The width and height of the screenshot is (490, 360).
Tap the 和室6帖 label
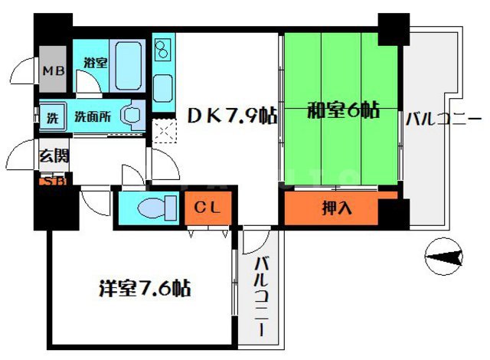point(343,110)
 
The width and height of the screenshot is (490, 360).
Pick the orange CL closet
point(207,207)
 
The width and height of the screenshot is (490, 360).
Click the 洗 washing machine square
point(52,118)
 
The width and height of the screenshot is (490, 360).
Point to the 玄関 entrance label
point(54,157)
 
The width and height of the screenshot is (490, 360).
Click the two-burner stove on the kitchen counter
point(163,51)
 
